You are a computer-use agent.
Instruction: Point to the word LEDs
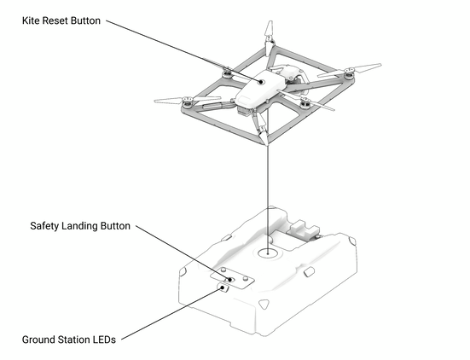point(104,340)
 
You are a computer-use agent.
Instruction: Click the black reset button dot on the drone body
point(261,82)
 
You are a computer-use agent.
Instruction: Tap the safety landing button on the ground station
point(230,280)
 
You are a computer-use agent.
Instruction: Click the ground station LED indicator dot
point(223,287)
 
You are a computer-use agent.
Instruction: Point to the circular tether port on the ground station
point(268,253)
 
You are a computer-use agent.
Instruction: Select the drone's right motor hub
point(348,73)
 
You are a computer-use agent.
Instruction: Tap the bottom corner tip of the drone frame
point(266,143)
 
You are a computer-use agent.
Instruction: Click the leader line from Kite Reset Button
point(183,51)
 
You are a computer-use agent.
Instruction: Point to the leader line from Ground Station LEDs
point(172,314)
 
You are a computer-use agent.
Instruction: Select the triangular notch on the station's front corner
point(264,304)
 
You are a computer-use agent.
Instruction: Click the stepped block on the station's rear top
point(305,229)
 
